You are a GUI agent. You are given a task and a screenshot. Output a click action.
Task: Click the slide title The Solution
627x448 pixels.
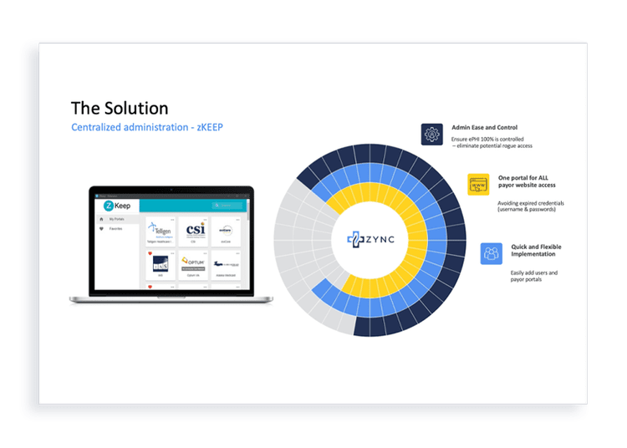[x=120, y=108]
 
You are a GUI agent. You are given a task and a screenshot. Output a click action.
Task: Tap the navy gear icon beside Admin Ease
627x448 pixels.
[x=431, y=134]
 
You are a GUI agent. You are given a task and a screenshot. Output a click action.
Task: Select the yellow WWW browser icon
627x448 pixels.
[x=479, y=185]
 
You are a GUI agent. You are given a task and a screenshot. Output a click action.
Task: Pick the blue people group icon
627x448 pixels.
[x=492, y=253]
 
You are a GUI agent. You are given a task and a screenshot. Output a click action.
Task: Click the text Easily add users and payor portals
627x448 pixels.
[x=533, y=277]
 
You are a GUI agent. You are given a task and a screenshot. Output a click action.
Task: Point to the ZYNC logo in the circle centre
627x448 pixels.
[x=370, y=239]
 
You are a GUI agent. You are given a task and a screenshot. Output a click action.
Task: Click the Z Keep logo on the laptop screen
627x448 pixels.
[x=115, y=205]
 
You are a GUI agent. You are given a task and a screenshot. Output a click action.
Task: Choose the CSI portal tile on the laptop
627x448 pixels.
[x=194, y=231]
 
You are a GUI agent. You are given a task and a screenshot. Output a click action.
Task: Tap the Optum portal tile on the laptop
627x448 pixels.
[x=194, y=265]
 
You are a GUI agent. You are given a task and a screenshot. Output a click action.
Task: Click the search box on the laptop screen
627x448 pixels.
[x=227, y=205]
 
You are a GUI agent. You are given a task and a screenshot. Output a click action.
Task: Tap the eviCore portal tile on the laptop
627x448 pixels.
[x=226, y=231]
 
